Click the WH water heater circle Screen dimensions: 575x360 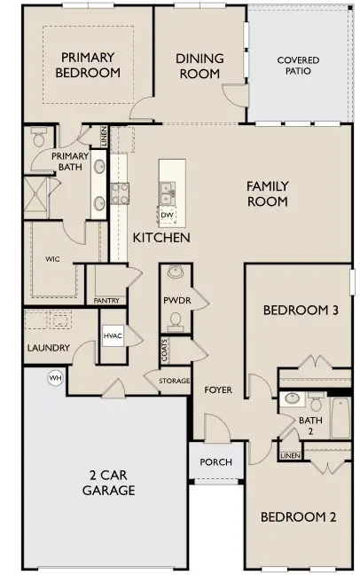point(54,378)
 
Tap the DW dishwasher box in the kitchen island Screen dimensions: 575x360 point(167,216)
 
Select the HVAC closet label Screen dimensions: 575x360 point(112,336)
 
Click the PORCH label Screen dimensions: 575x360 point(215,461)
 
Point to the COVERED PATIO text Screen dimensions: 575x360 point(298,67)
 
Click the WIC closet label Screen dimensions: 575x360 point(52,259)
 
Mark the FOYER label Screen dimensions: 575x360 point(218,390)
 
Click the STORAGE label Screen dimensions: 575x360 point(174,381)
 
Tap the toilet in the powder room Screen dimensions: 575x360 point(176,272)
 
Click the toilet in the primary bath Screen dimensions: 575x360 point(38,138)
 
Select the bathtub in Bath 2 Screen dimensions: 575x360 point(341,418)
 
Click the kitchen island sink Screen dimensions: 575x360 point(166,189)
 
